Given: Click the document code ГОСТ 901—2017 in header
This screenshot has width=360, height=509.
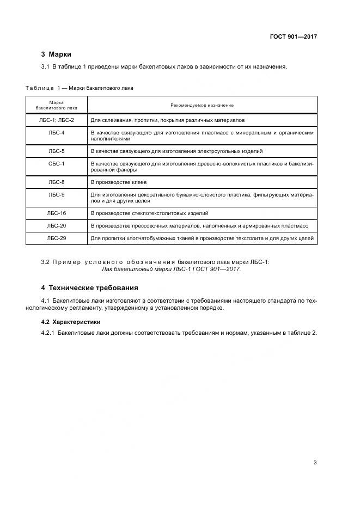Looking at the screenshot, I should pos(293,37).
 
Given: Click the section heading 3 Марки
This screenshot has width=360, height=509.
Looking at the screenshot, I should pos(56,54).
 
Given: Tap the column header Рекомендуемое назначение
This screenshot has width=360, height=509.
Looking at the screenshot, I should pos(202,105).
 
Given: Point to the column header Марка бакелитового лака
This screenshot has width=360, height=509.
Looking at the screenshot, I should pos(57,105).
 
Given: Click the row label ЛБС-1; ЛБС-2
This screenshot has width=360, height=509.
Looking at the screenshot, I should pos(57,120).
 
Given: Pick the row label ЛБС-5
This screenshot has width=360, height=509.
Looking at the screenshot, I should pos(57,151).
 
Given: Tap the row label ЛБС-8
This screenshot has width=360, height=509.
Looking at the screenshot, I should pos(57,182).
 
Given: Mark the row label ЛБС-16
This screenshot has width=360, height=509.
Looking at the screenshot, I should pos(57,213).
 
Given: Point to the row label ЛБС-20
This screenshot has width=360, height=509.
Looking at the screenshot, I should pos(57,225).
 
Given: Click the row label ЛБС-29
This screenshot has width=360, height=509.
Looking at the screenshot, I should pos(57,238).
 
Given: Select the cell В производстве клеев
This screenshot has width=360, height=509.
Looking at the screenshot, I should pos(119,182).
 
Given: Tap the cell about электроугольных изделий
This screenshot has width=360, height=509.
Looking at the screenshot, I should pos(180,151).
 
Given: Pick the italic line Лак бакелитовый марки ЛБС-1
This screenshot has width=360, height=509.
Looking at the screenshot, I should pos(171,269).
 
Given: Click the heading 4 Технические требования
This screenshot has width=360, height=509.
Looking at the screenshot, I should pos(90,287).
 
